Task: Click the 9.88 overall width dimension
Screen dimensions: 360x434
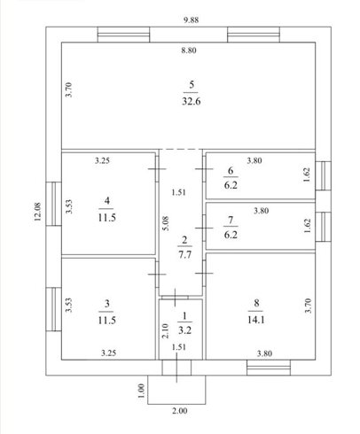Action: pyautogui.click(x=191, y=20)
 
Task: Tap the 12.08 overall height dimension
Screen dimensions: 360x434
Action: pyautogui.click(x=38, y=212)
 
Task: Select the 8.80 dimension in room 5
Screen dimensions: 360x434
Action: pyautogui.click(x=189, y=50)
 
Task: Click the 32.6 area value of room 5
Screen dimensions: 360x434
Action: pyautogui.click(x=192, y=102)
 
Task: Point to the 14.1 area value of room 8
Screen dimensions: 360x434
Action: pyautogui.click(x=256, y=320)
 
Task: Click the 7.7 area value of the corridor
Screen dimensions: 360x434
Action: pyautogui.click(x=184, y=254)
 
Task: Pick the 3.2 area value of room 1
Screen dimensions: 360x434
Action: pyautogui.click(x=184, y=330)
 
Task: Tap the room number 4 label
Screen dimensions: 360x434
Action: pyautogui.click(x=107, y=201)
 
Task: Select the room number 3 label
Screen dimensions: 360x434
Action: pyautogui.click(x=107, y=303)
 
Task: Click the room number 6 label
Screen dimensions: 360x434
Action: pyautogui.click(x=231, y=170)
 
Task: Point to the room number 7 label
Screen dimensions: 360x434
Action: pyautogui.click(x=231, y=220)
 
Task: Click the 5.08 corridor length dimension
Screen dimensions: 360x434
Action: pyautogui.click(x=166, y=223)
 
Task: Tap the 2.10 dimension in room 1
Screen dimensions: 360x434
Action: pyautogui.click(x=165, y=331)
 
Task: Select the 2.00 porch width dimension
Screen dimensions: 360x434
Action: pyautogui.click(x=180, y=411)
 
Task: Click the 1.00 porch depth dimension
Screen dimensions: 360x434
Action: pyautogui.click(x=141, y=391)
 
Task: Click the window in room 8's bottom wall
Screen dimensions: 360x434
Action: pyautogui.click(x=269, y=368)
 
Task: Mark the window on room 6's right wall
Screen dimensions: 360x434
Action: pyautogui.click(x=323, y=175)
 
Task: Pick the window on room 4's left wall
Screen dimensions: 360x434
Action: pyautogui.click(x=53, y=204)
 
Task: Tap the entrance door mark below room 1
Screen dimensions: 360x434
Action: pyautogui.click(x=176, y=368)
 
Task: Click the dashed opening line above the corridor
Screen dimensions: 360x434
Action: pyautogui.click(x=181, y=149)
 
